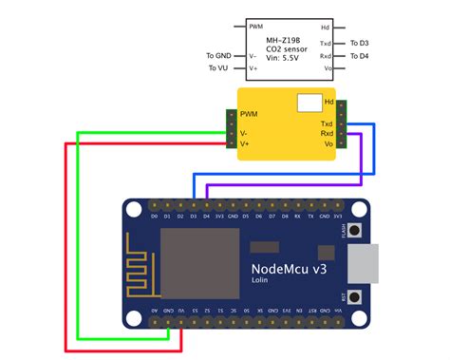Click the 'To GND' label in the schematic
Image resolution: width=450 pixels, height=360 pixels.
(218, 56)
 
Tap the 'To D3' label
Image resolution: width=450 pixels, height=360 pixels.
(360, 44)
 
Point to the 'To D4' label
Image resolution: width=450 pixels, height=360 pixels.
(360, 56)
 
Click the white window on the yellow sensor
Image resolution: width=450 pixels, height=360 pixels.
(309, 103)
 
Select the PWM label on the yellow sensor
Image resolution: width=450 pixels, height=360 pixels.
(249, 114)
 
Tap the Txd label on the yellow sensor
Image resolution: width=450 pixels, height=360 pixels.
(327, 123)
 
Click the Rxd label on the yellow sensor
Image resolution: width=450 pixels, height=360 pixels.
(327, 134)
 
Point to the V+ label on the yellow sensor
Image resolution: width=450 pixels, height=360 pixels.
(245, 143)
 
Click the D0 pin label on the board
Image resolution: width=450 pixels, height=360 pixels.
(154, 216)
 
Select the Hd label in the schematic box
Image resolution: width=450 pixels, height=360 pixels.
(325, 27)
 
